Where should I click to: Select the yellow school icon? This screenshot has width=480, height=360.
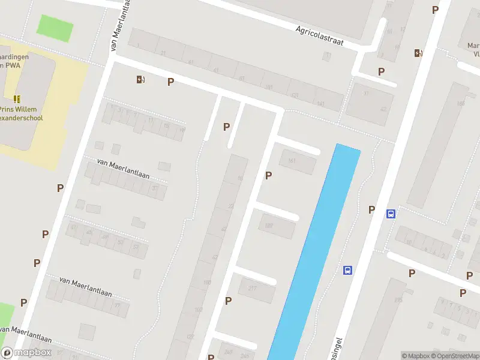point(17,99)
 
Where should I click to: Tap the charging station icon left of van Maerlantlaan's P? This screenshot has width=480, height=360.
point(140,80)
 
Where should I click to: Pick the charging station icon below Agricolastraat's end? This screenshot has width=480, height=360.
point(418,53)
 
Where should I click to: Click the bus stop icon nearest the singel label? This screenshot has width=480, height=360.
point(347,271)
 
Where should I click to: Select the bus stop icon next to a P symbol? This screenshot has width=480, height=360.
point(391,214)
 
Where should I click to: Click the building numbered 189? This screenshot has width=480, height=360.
point(277,226)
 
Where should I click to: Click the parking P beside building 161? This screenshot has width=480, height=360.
point(268,176)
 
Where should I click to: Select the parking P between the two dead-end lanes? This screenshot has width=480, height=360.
point(226,127)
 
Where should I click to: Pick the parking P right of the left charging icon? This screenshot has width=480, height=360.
point(171,82)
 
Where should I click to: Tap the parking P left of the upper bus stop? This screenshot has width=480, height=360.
point(372,210)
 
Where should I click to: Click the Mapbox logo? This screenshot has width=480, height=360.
point(27,353)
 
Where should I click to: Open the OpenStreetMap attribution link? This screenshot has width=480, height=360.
point(452,356)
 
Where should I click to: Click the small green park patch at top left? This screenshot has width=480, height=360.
point(55,28)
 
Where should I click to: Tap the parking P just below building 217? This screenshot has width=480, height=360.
point(228,301)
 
